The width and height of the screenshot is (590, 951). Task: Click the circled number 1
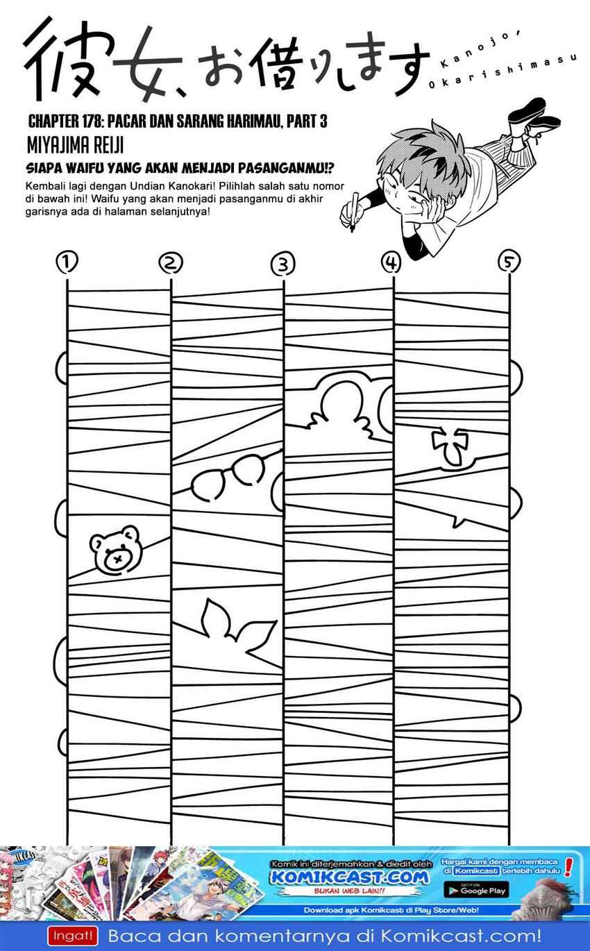click(67, 262)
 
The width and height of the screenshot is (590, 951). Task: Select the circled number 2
click(170, 263)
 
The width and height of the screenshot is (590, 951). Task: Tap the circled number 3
click(283, 264)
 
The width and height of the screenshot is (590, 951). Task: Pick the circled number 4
click(391, 262)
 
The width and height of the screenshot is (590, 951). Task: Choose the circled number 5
click(509, 262)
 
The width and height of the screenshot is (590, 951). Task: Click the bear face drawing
click(116, 550)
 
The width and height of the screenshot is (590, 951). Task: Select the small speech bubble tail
click(460, 519)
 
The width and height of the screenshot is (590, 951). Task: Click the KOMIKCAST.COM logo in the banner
click(349, 877)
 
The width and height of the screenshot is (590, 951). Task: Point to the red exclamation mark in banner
click(568, 868)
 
